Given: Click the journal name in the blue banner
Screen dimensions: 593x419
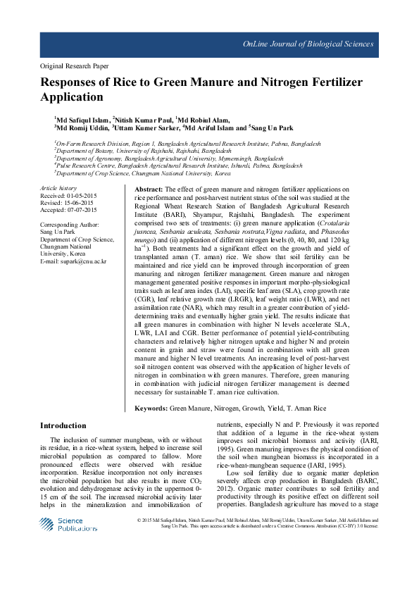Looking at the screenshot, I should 308,44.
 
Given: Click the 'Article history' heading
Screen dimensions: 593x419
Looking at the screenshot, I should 58,189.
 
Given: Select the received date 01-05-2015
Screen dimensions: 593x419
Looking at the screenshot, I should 80,196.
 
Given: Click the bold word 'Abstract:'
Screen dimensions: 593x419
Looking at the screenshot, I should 148,190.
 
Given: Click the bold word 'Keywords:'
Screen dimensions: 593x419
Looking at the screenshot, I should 151,408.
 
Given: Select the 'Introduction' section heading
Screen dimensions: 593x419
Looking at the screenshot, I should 63,425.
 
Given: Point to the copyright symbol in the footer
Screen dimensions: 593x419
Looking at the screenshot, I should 139,520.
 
